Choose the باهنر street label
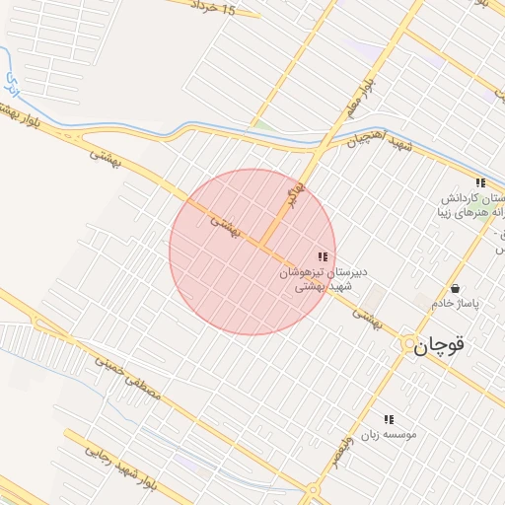pyautogui.click(x=293, y=193)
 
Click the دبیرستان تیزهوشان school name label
pyautogui.click(x=329, y=271)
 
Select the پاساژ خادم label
pyautogui.click(x=454, y=304)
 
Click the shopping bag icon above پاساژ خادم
pyautogui.click(x=455, y=288)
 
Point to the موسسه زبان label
pyautogui.click(x=389, y=434)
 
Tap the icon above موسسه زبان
pyautogui.click(x=389, y=419)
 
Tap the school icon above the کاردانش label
pyautogui.click(x=480, y=182)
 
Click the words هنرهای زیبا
pyautogui.click(x=470, y=213)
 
